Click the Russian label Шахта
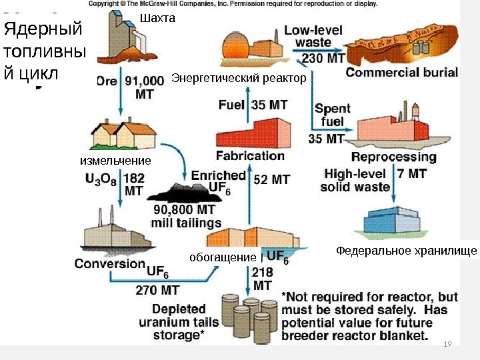pos(157,19)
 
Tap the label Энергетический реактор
pos(239,79)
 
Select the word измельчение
pos(115,161)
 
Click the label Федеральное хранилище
pos(406,251)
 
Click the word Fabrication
pos(250,156)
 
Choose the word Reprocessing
pos(393,157)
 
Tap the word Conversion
pos(109,263)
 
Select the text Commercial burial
pos(401,72)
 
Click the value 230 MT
pos(324,58)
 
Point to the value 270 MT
pos(157,290)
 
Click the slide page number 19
pos(447,344)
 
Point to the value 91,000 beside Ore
pos(143,81)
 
